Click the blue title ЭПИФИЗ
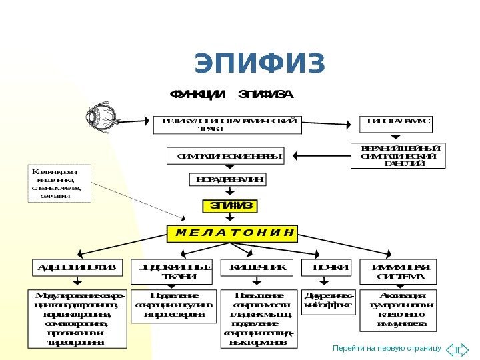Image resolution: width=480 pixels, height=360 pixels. coord(260,64)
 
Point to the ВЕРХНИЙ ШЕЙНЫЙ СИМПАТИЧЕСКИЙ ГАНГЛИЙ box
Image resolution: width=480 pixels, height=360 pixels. coord(398,156)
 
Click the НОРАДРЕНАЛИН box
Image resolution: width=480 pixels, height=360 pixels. coord(229,179)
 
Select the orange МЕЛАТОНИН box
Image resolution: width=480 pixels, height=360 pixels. coord(232,233)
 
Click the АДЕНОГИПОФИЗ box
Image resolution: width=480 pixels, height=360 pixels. coord(77,268)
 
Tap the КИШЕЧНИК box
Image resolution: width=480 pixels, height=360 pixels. coord(257,268)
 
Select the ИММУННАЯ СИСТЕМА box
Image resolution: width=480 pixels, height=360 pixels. coord(398,272)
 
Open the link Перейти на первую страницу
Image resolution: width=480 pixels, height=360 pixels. coord(387,348)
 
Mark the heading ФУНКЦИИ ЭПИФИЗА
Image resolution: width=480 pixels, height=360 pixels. coord(231,94)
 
